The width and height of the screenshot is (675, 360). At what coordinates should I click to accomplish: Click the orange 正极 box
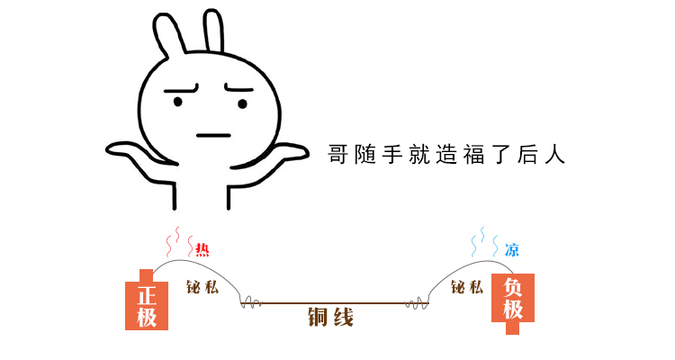[147, 303]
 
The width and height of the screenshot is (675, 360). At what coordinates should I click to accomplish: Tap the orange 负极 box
[513, 298]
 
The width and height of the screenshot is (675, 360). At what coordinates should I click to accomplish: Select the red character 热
[202, 250]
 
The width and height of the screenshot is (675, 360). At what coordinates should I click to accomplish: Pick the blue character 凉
[511, 250]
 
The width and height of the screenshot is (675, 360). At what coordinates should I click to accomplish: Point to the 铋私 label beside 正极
[202, 288]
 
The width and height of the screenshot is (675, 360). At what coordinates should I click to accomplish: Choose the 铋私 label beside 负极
[467, 288]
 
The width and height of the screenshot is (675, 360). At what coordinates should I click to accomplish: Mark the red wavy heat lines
[176, 240]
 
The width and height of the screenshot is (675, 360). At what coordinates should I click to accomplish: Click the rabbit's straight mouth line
[213, 136]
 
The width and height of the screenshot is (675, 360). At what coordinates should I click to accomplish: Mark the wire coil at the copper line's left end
[251, 302]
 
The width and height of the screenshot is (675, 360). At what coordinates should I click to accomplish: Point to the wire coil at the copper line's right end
[418, 302]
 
